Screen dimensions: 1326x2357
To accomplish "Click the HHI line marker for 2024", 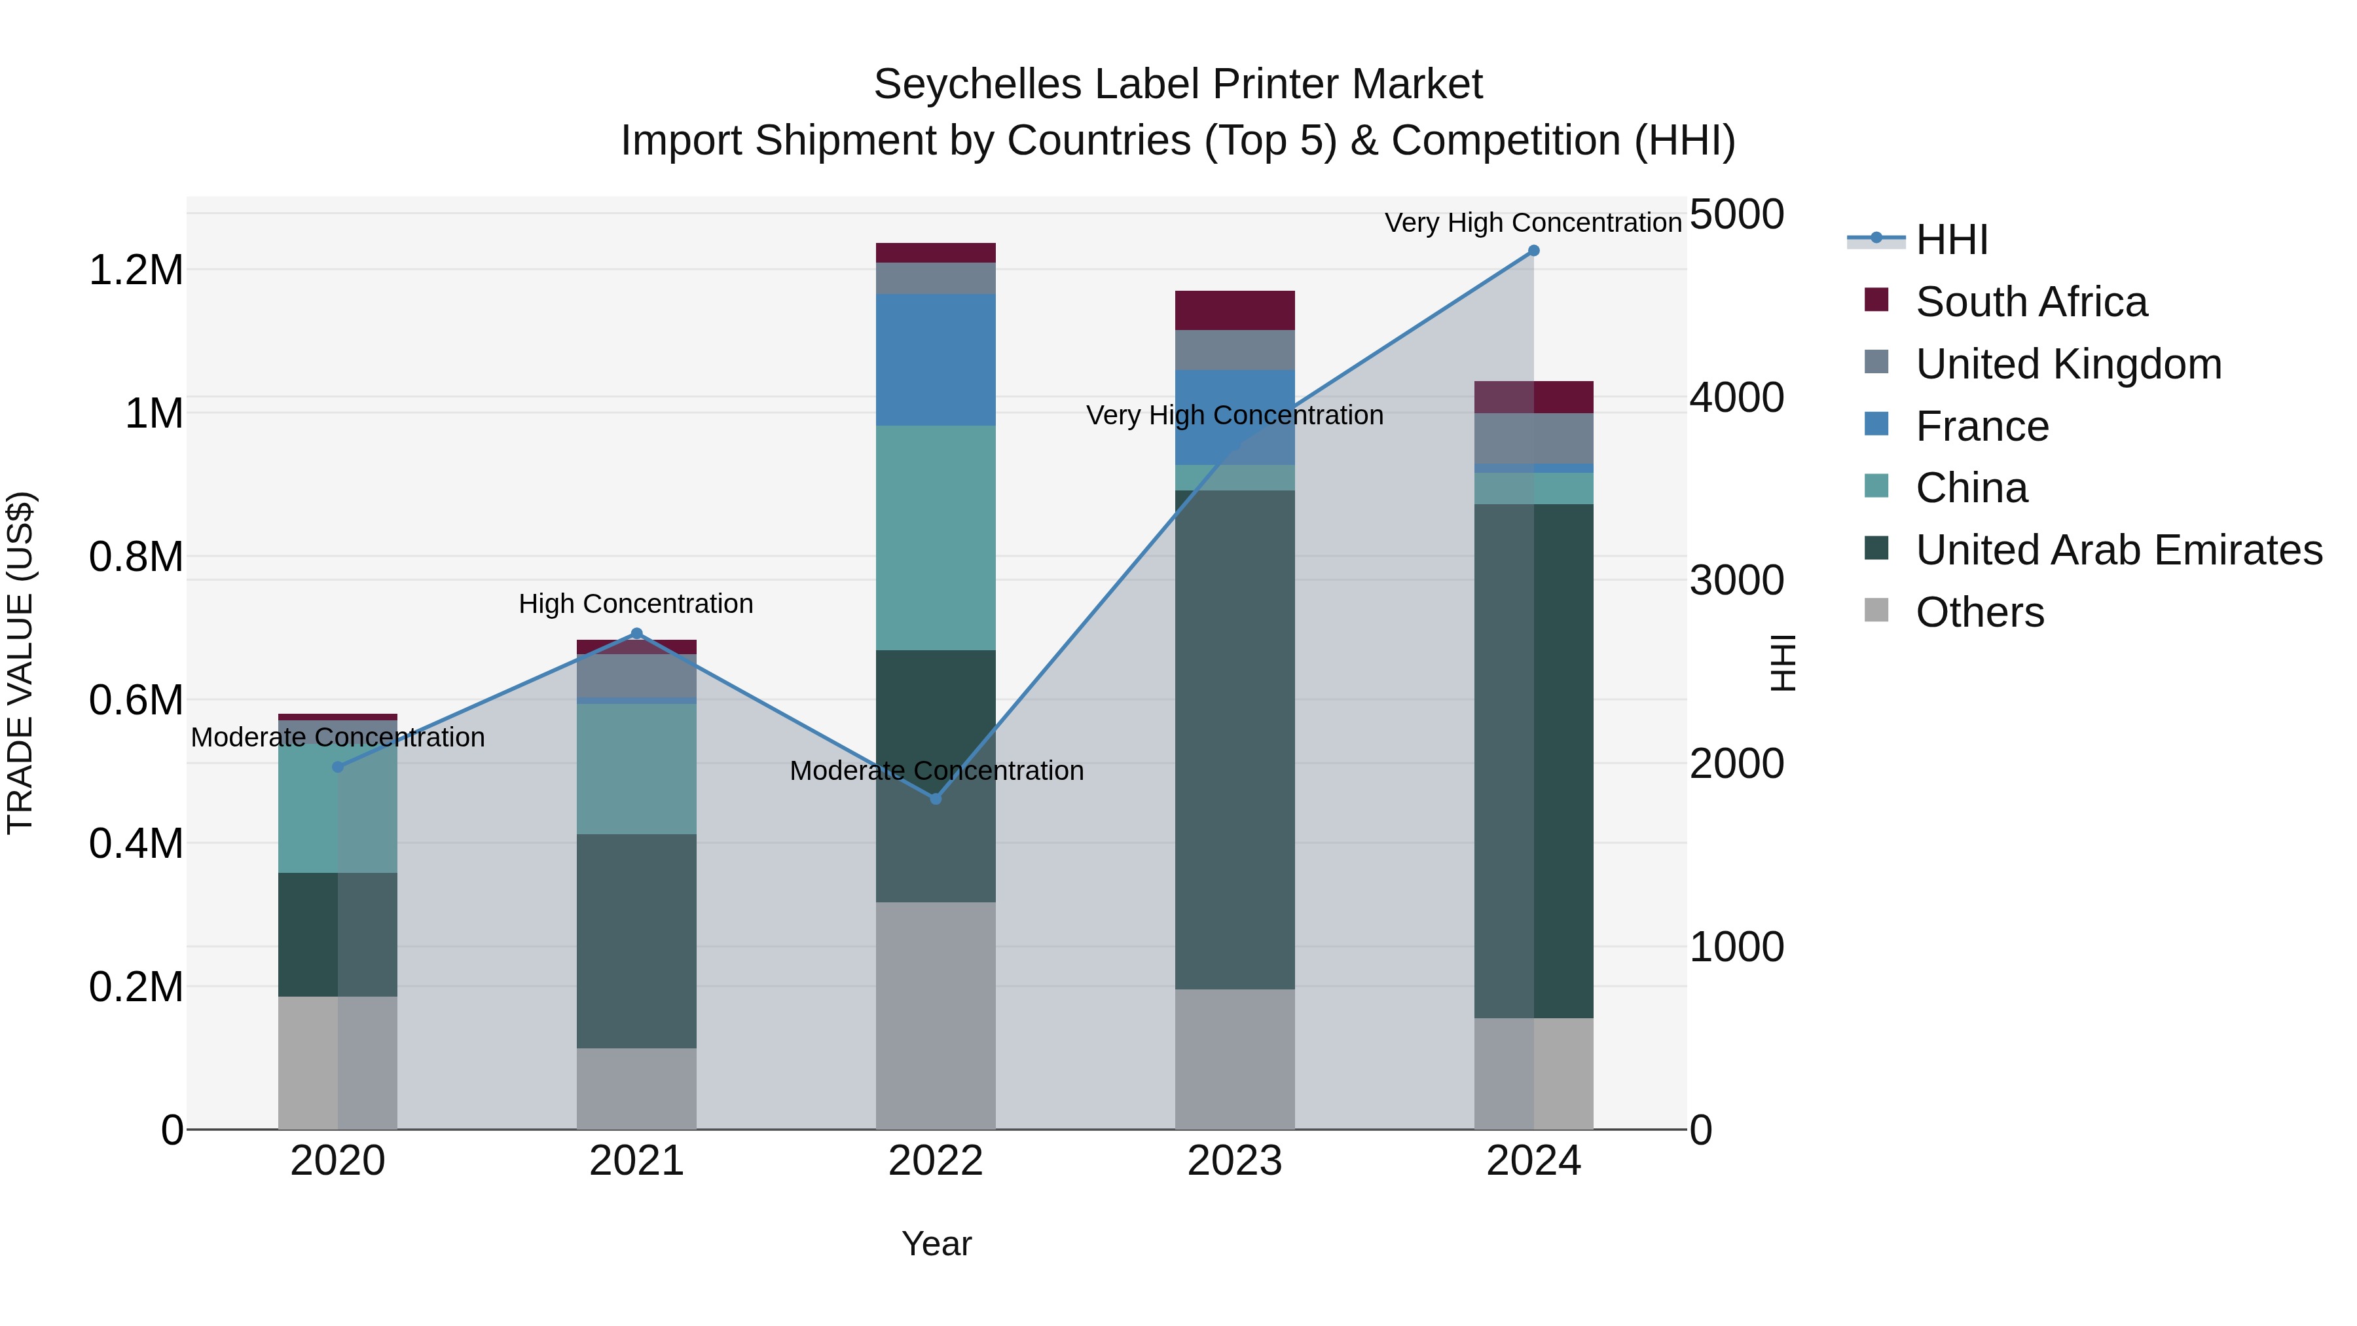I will [x=1533, y=251].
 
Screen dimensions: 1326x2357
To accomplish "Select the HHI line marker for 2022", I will [x=935, y=799].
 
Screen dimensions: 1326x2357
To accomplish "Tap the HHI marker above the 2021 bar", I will [x=637, y=633].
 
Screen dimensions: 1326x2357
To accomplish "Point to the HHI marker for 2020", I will [x=338, y=767].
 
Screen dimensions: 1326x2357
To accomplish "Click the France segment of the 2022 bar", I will [x=935, y=359].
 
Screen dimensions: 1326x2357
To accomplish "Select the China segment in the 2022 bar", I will [x=935, y=538].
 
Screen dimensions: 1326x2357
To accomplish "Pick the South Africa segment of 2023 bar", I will [x=1234, y=310].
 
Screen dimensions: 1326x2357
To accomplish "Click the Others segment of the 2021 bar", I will [x=637, y=1088].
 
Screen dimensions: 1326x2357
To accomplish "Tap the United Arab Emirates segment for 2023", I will [x=1234, y=739].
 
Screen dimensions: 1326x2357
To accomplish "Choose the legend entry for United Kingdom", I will [x=2068, y=364].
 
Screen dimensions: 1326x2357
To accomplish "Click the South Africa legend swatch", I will [x=1876, y=300].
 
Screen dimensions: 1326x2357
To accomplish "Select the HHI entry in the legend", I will [x=1951, y=240].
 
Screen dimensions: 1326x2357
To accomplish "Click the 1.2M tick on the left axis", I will [x=136, y=271].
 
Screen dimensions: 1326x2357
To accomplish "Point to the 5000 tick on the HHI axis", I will [x=1736, y=214].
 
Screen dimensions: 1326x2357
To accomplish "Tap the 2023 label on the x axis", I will [x=1234, y=1161].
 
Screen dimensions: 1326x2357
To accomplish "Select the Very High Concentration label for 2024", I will [x=1533, y=223].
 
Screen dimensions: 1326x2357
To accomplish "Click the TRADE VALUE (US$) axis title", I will [x=21, y=663].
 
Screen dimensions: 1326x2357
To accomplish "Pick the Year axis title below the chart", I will [x=936, y=1243].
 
